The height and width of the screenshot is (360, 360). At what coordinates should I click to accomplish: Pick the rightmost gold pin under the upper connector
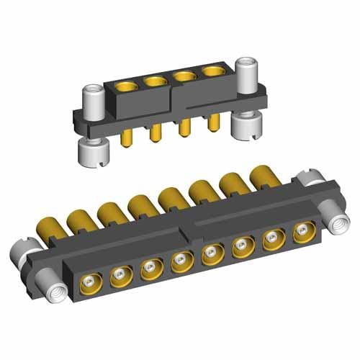212,124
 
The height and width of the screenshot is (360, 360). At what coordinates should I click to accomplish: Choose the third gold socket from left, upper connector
183,76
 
